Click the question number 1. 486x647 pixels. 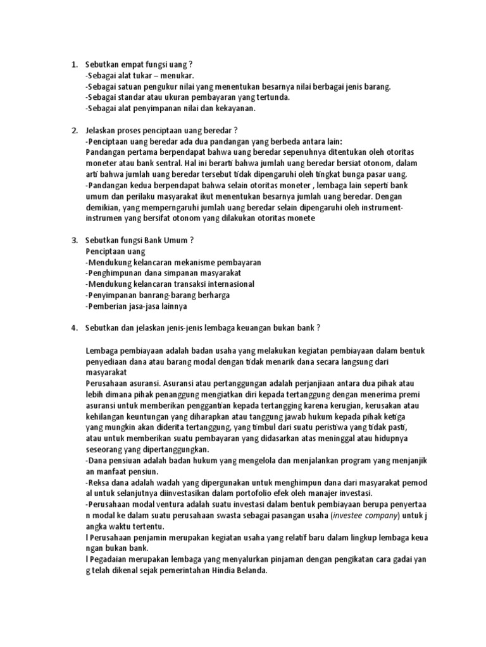coord(72,64)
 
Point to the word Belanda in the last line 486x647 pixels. coord(251,571)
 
